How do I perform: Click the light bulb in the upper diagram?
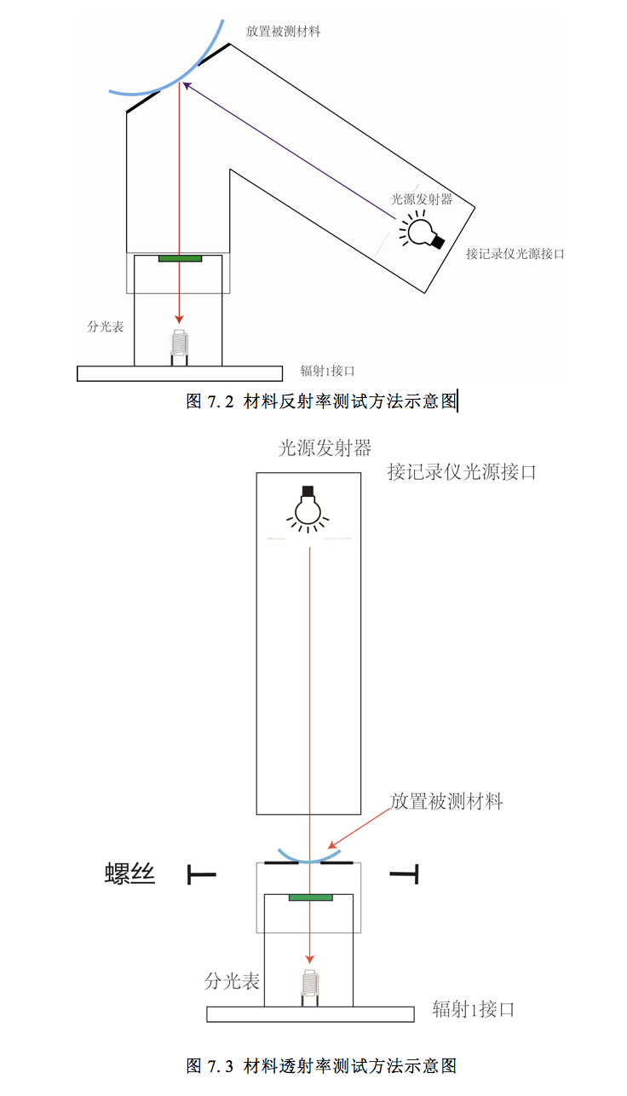pyautogui.click(x=422, y=230)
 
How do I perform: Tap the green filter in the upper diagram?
pyautogui.click(x=180, y=257)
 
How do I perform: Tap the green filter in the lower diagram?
pyautogui.click(x=310, y=897)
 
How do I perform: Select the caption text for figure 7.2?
pyautogui.click(x=321, y=401)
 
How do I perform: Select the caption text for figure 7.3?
pyautogui.click(x=321, y=1065)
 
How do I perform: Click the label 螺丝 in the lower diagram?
pyautogui.click(x=130, y=874)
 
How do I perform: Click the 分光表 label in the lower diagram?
pyautogui.click(x=232, y=981)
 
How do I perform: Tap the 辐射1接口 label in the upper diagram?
pyautogui.click(x=327, y=371)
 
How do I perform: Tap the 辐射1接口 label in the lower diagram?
pyautogui.click(x=474, y=1010)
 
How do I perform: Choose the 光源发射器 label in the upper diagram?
pyautogui.click(x=421, y=199)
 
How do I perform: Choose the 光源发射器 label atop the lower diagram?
pyautogui.click(x=325, y=448)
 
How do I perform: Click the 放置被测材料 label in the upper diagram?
pyautogui.click(x=284, y=32)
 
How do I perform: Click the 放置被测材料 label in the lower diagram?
pyautogui.click(x=446, y=801)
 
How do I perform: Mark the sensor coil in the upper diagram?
pyautogui.click(x=179, y=343)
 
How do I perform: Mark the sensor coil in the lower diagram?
pyautogui.click(x=309, y=985)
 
